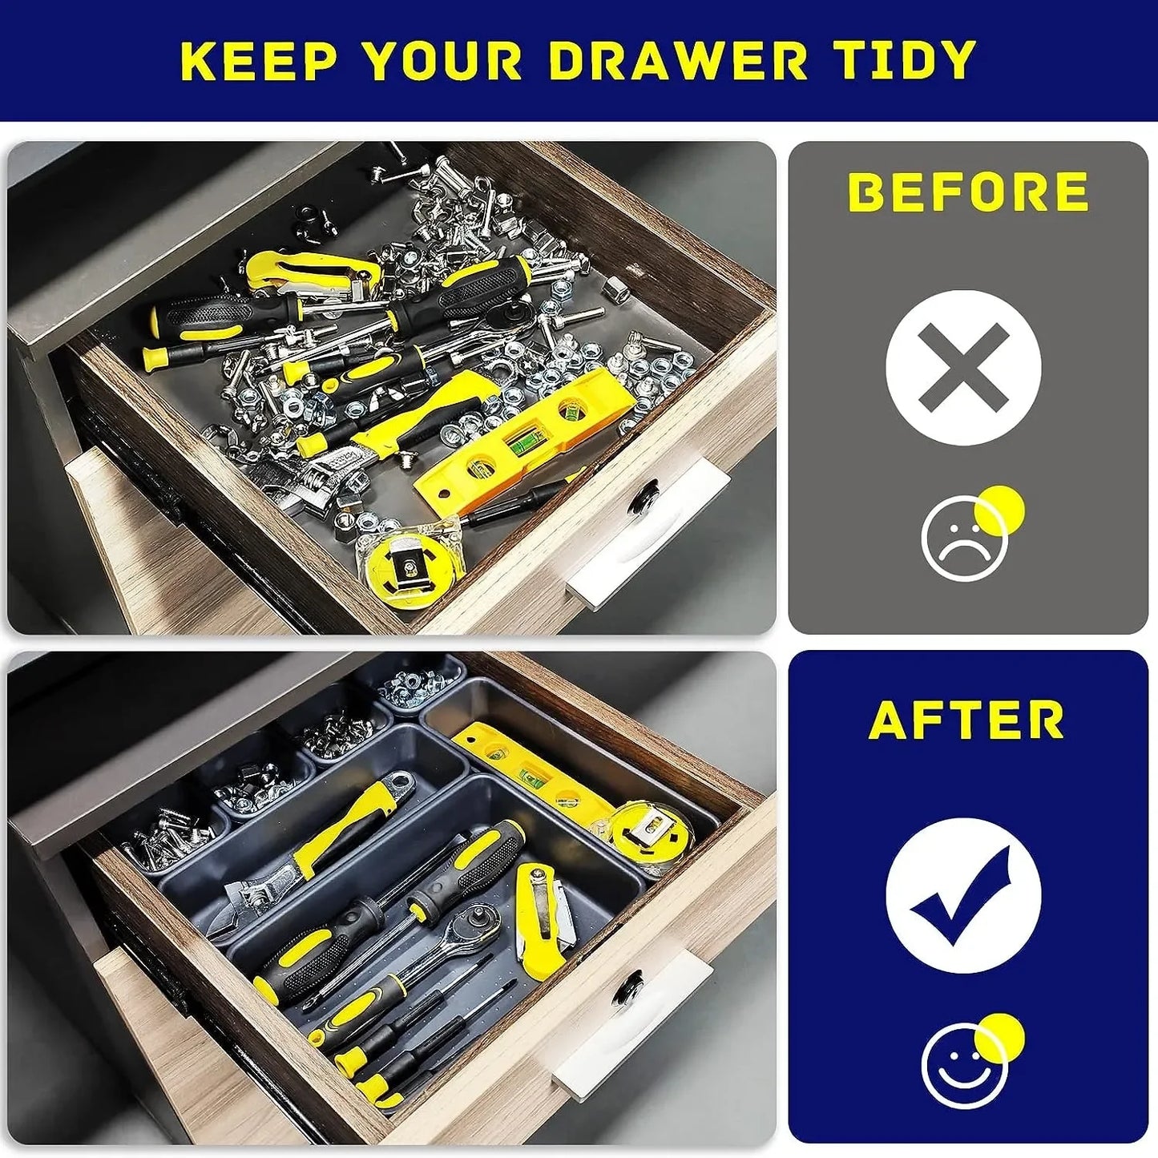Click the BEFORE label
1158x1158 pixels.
click(x=968, y=192)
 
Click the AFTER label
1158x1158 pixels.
click(x=966, y=720)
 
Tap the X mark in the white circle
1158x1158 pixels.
click(x=963, y=367)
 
